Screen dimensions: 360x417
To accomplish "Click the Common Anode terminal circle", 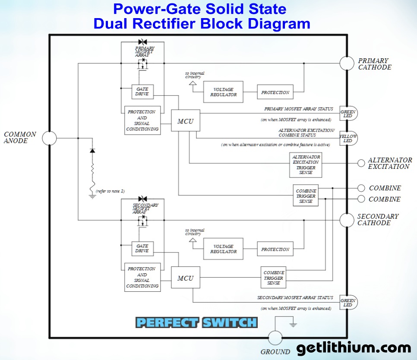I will [49, 138].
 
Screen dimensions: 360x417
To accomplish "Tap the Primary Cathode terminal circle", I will [347, 63].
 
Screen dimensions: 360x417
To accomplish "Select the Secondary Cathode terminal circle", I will [347, 220].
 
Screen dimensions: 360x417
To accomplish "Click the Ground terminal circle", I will [275, 338].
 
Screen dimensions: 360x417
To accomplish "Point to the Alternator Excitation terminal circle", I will [361, 163].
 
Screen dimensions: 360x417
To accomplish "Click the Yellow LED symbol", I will [348, 138].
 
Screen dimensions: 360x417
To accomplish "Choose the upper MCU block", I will [186, 121].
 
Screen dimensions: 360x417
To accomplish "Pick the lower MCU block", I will [186, 278].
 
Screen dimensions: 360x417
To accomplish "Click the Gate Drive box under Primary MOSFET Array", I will [142, 91].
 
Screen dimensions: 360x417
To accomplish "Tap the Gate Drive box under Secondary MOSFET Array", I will [142, 248].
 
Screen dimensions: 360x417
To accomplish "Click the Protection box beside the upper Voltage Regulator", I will [275, 92].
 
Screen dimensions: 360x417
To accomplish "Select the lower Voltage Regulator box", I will [223, 249].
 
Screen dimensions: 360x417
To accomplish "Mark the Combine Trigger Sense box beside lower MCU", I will [274, 278].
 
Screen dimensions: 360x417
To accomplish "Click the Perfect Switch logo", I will [196, 322].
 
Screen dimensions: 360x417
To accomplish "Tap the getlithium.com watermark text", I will [354, 348].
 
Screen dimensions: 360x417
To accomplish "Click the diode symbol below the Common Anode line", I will [92, 150].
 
